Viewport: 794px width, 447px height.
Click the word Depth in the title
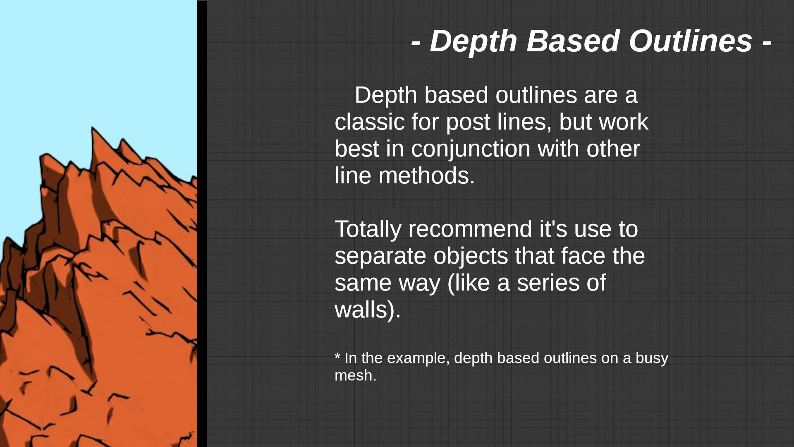pos(474,41)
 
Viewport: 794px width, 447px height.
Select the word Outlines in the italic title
pos(690,41)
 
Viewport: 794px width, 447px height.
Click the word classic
pos(370,122)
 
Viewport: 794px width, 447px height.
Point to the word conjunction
pos(471,149)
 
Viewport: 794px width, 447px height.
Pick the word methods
pos(426,175)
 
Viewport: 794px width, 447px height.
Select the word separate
pos(380,256)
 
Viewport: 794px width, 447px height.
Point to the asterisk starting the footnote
pos(337,355)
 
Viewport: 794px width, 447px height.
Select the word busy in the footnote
pos(652,358)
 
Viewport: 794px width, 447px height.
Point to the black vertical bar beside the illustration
pos(202,224)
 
